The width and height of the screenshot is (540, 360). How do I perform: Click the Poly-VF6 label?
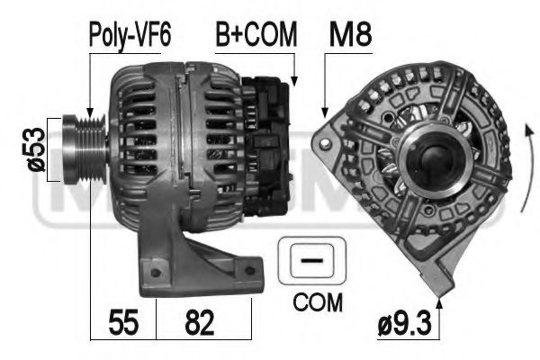pyautogui.click(x=130, y=35)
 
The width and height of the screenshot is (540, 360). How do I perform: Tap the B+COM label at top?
pyautogui.click(x=256, y=34)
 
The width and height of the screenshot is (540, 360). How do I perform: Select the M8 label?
pyautogui.click(x=350, y=34)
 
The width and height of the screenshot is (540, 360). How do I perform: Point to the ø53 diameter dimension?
pyautogui.click(x=36, y=149)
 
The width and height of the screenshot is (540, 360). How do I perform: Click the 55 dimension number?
pyautogui.click(x=123, y=322)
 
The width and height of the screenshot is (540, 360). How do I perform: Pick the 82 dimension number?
pyautogui.click(x=200, y=322)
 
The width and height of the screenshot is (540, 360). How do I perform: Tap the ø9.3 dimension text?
pyautogui.click(x=405, y=324)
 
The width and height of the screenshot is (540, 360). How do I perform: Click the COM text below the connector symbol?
pyautogui.click(x=318, y=303)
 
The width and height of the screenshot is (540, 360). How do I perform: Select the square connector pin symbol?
pyautogui.click(x=311, y=260)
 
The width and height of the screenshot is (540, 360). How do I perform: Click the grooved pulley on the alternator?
pyautogui.click(x=85, y=150)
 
